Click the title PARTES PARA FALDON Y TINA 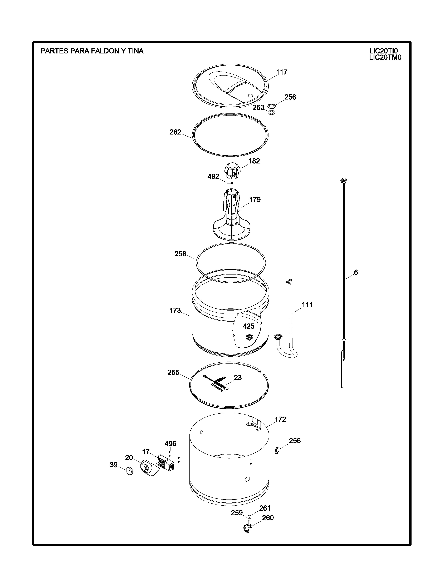[92, 51]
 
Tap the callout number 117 [282, 72]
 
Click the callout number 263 [258, 108]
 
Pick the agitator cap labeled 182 [232, 171]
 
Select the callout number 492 [213, 177]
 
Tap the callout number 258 [180, 254]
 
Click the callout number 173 [175, 310]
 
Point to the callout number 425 [249, 326]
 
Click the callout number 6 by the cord [356, 272]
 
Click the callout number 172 [280, 419]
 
